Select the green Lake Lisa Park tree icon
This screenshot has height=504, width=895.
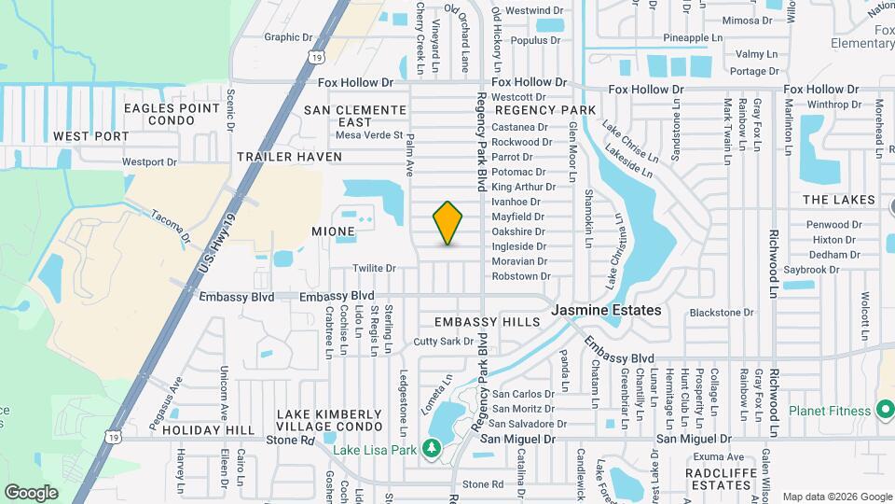[x=431, y=449]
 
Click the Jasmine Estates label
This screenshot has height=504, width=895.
[x=606, y=310]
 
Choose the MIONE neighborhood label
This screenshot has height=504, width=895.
[x=334, y=231]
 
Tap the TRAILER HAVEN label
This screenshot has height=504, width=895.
[x=289, y=157]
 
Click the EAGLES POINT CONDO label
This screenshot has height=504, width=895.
[x=172, y=115]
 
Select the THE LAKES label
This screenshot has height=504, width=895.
[x=839, y=200]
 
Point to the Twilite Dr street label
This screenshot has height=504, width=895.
[x=374, y=268]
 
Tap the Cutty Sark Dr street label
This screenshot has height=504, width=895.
[x=444, y=342]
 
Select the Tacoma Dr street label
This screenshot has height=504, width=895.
[x=171, y=224]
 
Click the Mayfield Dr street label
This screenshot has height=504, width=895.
[x=517, y=217]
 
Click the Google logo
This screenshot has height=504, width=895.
[x=31, y=492]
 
